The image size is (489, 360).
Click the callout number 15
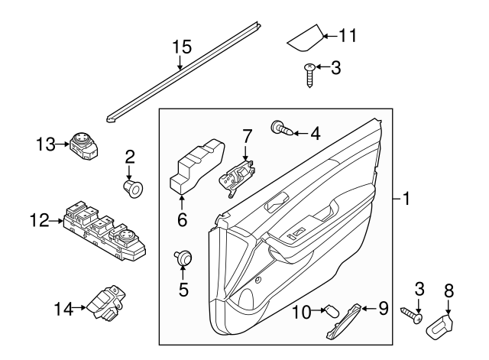180,47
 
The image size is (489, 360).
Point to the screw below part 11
309,74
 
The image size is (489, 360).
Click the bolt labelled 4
281,129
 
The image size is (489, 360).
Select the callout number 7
247,138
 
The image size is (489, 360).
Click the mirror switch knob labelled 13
81,144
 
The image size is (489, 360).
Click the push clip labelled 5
183,259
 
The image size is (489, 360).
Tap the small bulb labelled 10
331,310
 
